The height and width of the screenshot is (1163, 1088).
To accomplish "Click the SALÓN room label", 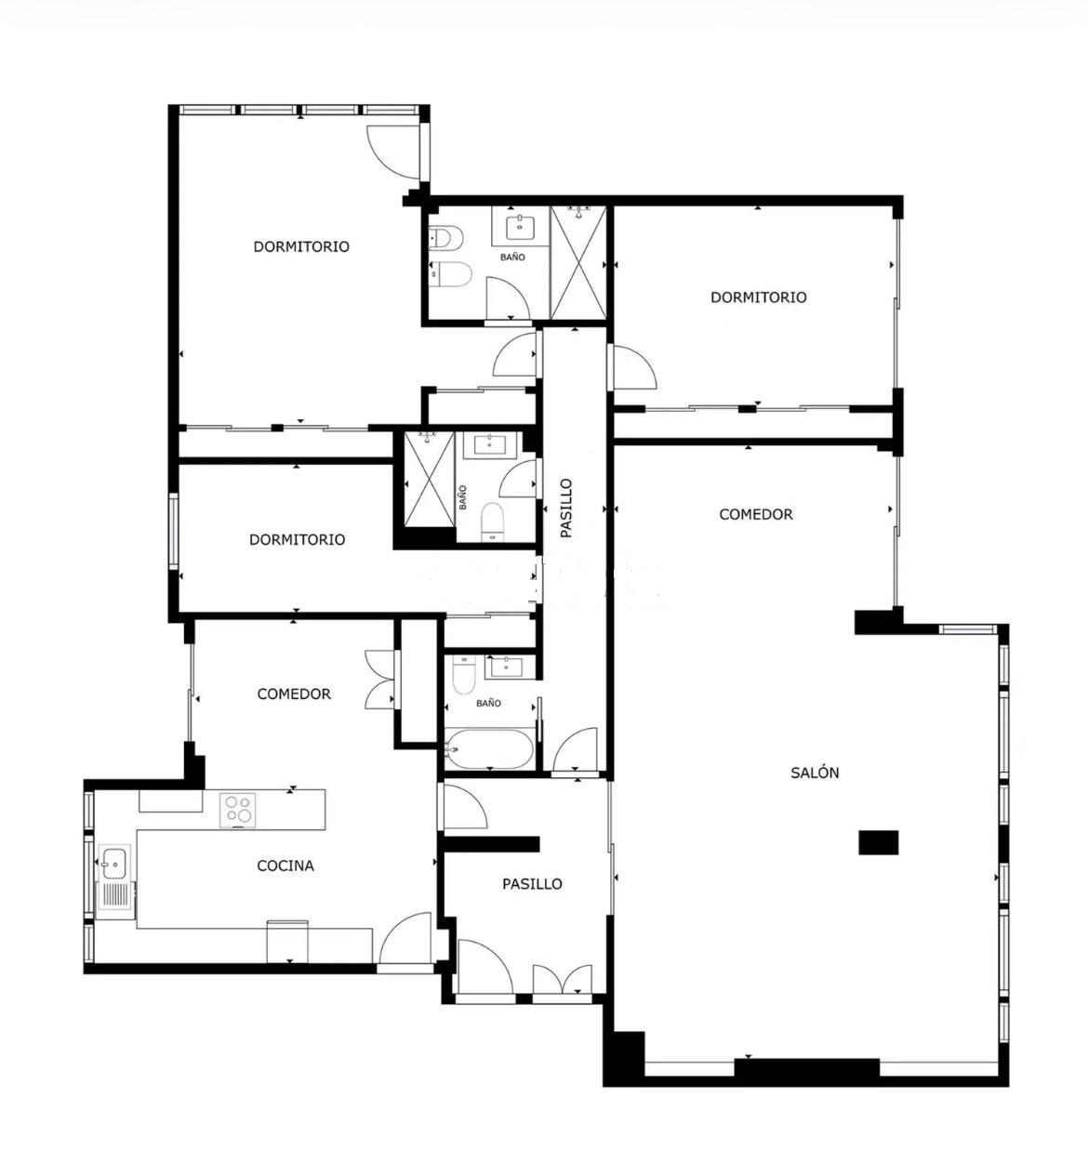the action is click(x=815, y=773).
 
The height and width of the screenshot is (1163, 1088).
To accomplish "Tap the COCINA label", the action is click(x=285, y=866).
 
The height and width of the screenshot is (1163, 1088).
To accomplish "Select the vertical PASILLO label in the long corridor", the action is click(x=566, y=509).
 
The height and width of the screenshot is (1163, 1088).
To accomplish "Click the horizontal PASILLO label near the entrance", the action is click(x=532, y=884).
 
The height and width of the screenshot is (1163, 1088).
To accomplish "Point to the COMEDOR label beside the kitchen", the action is click(x=294, y=694).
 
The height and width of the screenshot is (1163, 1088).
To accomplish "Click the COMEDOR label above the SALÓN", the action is click(x=756, y=514).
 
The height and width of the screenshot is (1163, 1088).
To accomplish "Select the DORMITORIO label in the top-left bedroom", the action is click(x=301, y=246).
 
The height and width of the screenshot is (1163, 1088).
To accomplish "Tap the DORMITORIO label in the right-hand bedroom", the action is click(x=758, y=297).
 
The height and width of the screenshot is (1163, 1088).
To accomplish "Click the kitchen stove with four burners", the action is click(x=238, y=810).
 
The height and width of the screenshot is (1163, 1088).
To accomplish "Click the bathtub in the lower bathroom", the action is click(x=489, y=749).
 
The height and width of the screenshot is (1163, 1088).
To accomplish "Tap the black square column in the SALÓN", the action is click(x=878, y=842).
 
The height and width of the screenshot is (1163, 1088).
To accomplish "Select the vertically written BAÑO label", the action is click(x=463, y=497).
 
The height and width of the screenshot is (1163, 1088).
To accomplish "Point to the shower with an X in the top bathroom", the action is click(x=578, y=263).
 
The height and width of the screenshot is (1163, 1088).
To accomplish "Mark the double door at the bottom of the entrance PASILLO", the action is click(x=562, y=978).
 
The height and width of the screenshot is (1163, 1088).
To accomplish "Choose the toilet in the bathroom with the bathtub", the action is click(x=463, y=675).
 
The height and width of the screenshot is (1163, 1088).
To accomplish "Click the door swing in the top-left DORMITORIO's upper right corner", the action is click(x=393, y=152).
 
